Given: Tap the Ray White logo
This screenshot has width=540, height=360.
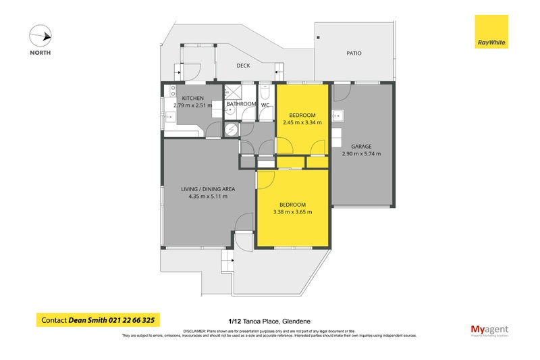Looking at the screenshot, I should click(491, 32).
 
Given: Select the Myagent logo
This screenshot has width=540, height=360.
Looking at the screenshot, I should click(489, 329).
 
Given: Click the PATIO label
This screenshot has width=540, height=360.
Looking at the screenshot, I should click(354, 52).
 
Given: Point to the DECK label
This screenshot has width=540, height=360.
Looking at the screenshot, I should click(243, 66).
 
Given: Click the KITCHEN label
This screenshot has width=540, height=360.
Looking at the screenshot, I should click(184, 98).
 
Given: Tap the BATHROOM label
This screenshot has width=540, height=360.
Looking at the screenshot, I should click(241, 104).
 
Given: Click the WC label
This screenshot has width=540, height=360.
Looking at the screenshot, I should click(265, 104).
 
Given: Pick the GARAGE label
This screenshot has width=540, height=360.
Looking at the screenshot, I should click(361, 146).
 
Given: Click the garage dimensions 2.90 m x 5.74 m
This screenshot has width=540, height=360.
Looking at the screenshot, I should click(361, 154).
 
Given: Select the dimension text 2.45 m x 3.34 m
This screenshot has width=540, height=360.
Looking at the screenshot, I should click(301, 123).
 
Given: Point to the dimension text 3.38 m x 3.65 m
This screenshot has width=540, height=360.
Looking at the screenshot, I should click(292, 212).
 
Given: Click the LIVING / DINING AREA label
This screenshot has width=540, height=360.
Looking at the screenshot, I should click(207, 188).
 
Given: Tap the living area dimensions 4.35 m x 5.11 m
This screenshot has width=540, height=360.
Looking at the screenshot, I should click(207, 197).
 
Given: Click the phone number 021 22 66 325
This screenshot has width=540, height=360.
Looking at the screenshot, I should click(134, 320).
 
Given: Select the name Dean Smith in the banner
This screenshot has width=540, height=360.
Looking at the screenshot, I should click(88, 320).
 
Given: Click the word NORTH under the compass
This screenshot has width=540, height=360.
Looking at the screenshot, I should click(40, 52).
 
